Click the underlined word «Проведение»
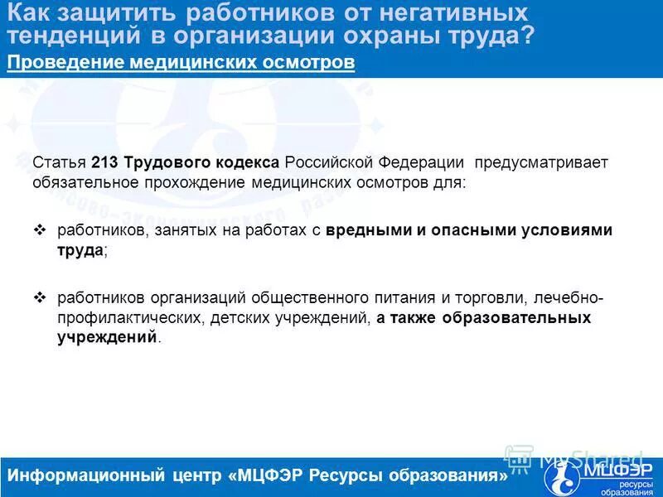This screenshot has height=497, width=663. pyautogui.click(x=58, y=64)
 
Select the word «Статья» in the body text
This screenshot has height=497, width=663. pyautogui.click(x=60, y=162)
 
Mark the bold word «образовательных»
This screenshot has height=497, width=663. pyautogui.click(x=520, y=317)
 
